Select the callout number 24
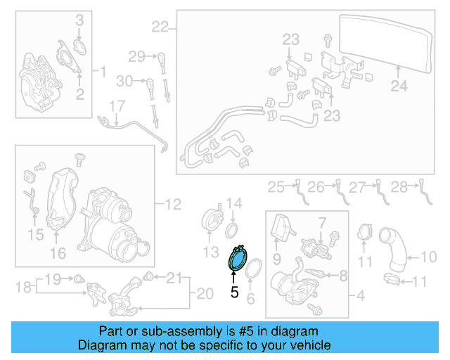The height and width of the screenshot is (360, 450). tap(399, 87)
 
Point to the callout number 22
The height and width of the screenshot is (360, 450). tap(160, 27)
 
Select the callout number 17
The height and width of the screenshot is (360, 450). tap(116, 107)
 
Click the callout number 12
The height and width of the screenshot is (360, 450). tap(172, 205)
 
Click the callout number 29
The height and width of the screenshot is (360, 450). tap(136, 56)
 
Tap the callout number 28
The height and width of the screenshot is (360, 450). tap(399, 186)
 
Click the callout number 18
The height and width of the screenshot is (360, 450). tap(22, 286)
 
